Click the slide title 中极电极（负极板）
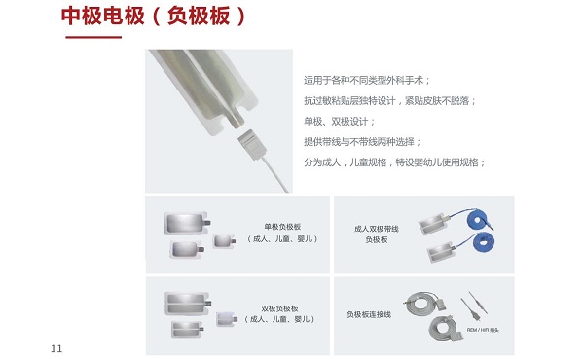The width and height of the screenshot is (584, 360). tap(154, 17)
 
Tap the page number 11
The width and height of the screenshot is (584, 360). tap(55, 347)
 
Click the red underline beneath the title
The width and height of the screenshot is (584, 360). tap(91, 37)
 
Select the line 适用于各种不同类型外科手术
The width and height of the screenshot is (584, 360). tap(367, 80)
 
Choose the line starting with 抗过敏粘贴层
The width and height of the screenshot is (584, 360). tap(389, 100)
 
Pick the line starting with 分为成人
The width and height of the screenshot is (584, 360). tap(394, 162)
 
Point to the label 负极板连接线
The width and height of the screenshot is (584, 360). tap(369, 314)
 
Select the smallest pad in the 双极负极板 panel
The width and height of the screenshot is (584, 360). tap(227, 315)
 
